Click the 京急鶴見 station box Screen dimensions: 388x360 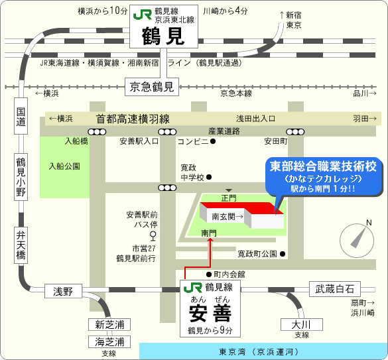pyautogui.click(x=152, y=87)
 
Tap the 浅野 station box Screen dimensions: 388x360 pyautogui.click(x=63, y=291)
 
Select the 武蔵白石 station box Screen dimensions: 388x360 pyautogui.click(x=335, y=289)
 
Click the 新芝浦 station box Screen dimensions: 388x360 pyautogui.click(x=109, y=324)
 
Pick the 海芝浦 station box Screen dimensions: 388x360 pyautogui.click(x=109, y=341)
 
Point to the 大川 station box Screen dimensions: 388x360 pyautogui.click(x=302, y=324)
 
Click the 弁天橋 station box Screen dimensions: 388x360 pyautogui.click(x=21, y=245)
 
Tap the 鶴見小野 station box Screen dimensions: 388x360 pyautogui.click(x=21, y=177)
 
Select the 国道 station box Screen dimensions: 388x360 pyautogui.click(x=21, y=116)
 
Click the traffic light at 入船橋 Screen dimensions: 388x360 pyautogui.click(x=97, y=132)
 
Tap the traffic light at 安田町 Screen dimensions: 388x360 pyautogui.click(x=295, y=132)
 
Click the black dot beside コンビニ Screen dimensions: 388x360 pyautogui.click(x=212, y=141)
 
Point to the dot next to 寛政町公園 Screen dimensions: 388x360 pyautogui.click(x=283, y=254)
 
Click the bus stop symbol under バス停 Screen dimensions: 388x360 pyautogui.click(x=153, y=236)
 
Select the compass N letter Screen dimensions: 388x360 pyautogui.click(x=369, y=223)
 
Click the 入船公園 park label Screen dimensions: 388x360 pyautogui.click(x=64, y=166)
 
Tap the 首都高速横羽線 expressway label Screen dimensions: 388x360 pyautogui.click(x=133, y=119)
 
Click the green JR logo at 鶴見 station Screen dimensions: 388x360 pyautogui.click(x=143, y=15)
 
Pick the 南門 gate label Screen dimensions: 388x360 pyautogui.click(x=209, y=233)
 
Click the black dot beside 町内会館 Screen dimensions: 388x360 pyautogui.click(x=209, y=274)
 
